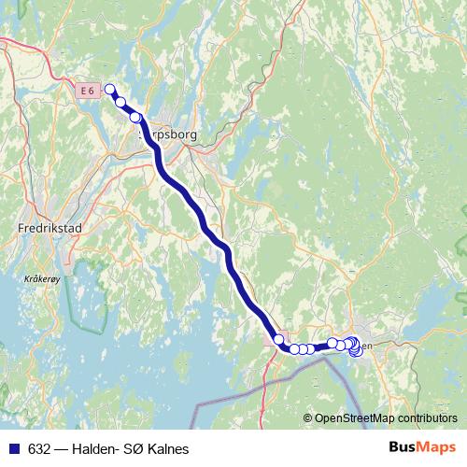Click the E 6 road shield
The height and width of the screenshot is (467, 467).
(88, 90)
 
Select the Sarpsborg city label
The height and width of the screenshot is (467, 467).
(171, 135)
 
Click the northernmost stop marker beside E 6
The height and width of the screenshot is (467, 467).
(109, 90)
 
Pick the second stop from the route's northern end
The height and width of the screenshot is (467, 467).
(120, 101)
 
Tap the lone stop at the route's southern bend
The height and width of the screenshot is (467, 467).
(278, 339)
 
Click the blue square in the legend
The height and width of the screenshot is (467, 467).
(13, 449)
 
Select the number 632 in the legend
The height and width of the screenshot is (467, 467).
(39, 449)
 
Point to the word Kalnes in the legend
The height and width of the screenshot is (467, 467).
(168, 449)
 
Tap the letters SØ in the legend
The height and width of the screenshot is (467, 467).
(135, 449)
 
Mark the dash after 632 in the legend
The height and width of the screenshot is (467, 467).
(62, 449)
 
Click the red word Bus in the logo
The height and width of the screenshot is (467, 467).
(403, 448)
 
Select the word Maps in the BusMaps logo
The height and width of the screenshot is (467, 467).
(437, 448)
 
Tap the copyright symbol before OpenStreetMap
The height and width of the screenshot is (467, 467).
(308, 418)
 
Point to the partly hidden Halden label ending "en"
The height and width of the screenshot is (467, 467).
(367, 347)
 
